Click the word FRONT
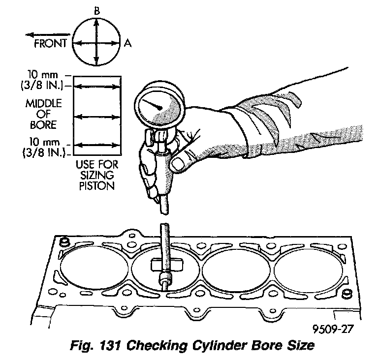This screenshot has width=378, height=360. (x=51, y=43)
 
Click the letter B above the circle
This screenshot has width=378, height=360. (x=96, y=9)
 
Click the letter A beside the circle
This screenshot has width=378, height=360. (x=128, y=43)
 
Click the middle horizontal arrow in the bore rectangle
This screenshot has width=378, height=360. (x=96, y=117)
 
